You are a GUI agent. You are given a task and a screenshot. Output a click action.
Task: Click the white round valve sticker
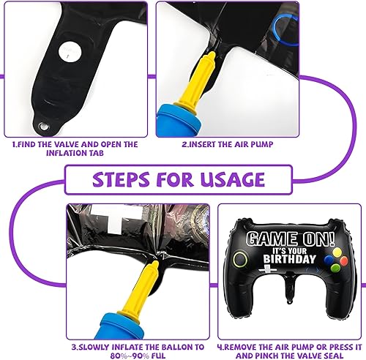[70, 51]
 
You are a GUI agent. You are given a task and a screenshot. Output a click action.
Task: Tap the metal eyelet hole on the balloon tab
[44, 127]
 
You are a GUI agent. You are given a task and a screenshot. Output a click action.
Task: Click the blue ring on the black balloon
[285, 30]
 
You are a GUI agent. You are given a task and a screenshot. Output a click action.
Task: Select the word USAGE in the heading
[233, 179]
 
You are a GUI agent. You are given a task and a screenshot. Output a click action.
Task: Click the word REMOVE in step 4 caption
[240, 347]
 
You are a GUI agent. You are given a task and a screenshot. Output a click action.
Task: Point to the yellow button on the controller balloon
[337, 252]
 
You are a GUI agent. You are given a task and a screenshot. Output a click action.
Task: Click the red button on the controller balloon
[344, 260]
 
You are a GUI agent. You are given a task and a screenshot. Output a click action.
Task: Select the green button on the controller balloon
[335, 269]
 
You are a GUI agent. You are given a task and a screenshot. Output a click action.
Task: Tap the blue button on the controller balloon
[329, 260]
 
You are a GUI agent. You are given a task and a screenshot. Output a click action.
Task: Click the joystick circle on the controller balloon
[240, 260]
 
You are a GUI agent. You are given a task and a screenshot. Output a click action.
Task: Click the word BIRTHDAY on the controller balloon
[290, 259]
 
